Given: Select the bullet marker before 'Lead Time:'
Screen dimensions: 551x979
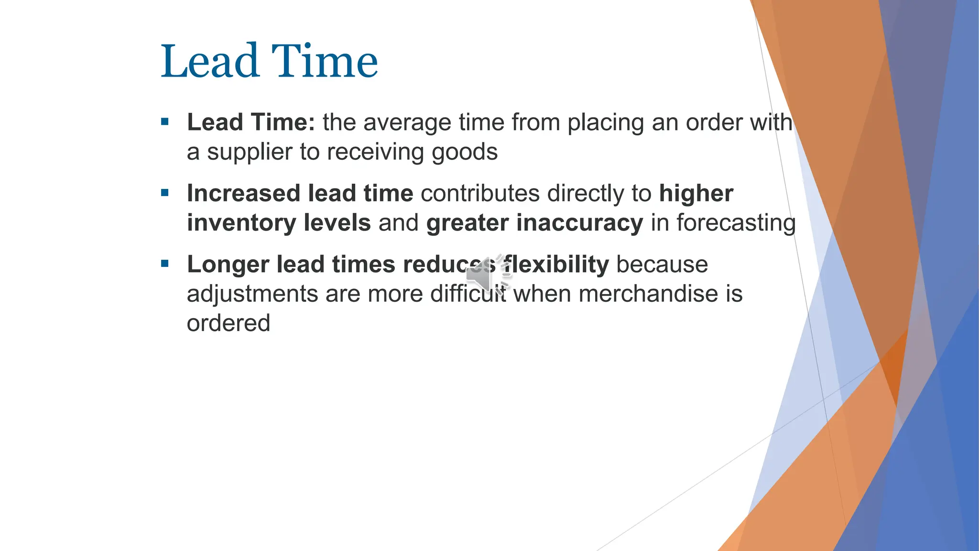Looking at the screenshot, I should pyautogui.click(x=165, y=122).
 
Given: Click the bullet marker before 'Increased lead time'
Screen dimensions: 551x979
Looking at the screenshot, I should pyautogui.click(x=165, y=193).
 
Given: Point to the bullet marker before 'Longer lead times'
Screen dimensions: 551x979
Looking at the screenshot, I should pyautogui.click(x=165, y=264).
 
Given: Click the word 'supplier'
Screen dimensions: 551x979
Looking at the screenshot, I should pyautogui.click(x=250, y=152).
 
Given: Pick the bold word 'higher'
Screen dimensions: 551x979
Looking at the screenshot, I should pyautogui.click(x=696, y=194).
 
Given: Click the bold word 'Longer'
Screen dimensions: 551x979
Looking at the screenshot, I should pyautogui.click(x=228, y=264).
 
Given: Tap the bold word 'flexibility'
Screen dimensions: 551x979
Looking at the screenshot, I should pyautogui.click(x=556, y=264).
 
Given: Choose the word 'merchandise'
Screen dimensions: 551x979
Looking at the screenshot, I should pyautogui.click(x=648, y=294).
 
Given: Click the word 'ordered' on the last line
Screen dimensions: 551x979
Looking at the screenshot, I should pyautogui.click(x=228, y=323).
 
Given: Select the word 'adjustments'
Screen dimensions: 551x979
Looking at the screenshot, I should pyautogui.click(x=252, y=294).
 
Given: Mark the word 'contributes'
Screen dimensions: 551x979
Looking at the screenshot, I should pyautogui.click(x=480, y=193).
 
